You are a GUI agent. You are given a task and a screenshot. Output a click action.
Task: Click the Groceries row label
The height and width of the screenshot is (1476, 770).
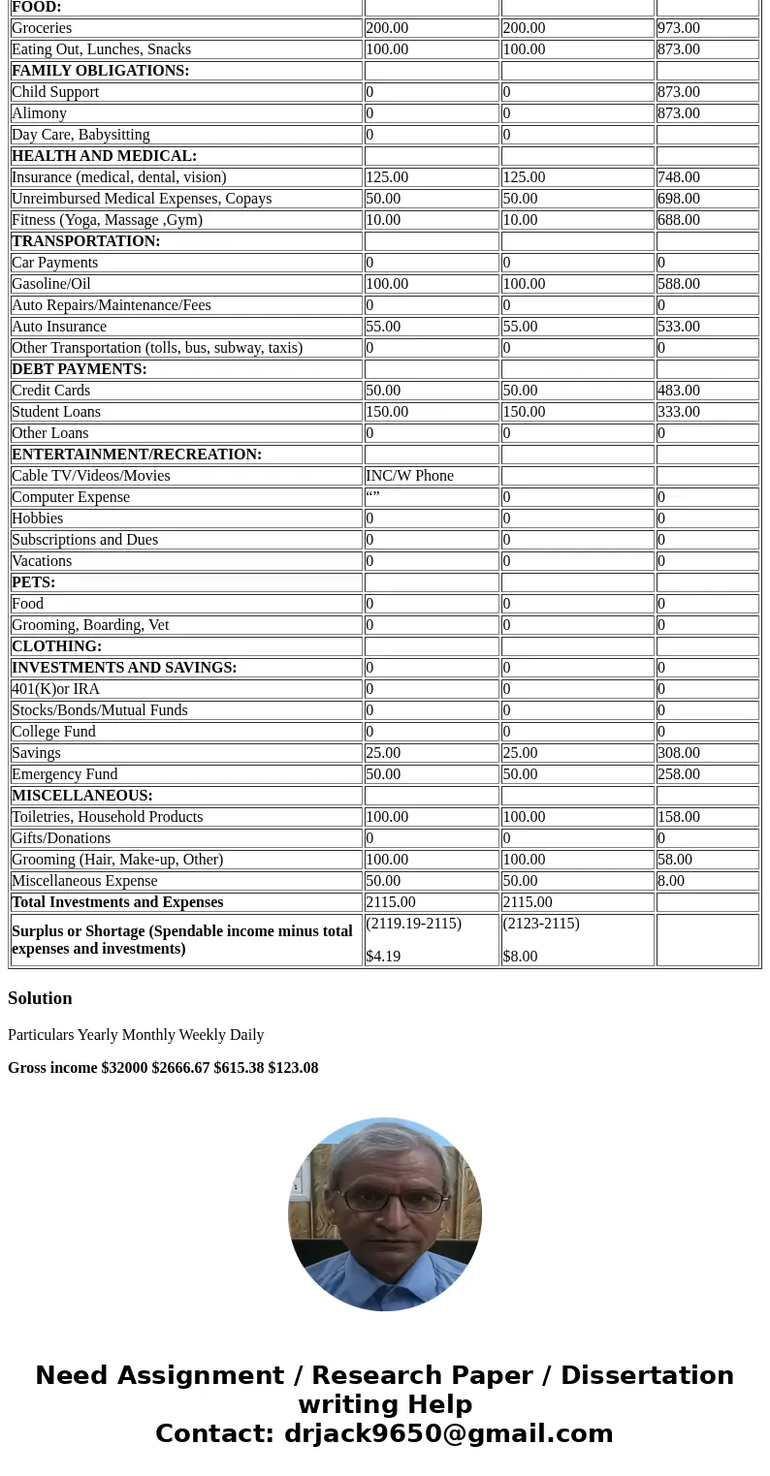42,28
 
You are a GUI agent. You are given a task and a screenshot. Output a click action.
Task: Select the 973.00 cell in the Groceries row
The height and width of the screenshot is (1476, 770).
678,28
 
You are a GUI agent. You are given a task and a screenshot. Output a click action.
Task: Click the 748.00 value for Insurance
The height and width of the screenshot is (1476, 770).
678,177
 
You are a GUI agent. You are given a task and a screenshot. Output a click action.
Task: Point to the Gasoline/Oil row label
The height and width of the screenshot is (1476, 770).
50,284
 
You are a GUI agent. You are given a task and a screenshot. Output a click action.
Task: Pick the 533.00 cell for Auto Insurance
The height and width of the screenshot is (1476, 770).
678,327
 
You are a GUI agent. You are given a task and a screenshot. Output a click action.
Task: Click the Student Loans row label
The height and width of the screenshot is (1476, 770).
56,412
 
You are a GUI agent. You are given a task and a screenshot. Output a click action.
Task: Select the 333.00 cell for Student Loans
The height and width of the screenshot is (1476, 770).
678,412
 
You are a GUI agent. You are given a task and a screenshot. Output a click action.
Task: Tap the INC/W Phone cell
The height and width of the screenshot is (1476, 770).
409,476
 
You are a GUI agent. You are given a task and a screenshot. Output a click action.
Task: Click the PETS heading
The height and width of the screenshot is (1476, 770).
33,582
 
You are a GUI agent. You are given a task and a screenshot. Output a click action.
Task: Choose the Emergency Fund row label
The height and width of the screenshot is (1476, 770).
64,774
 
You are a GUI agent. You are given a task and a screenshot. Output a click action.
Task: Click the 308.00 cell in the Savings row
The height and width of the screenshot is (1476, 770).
678,753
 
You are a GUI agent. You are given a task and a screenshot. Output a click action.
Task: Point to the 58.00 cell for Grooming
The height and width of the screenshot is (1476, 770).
674,860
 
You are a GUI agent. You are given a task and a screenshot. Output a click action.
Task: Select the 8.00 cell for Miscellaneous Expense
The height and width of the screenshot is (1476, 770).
670,881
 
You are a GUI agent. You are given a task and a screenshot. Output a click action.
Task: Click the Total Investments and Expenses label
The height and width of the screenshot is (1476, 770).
117,902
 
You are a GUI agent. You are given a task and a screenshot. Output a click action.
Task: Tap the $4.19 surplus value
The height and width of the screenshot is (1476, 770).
383,956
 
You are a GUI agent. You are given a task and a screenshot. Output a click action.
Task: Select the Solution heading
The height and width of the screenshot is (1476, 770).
40,998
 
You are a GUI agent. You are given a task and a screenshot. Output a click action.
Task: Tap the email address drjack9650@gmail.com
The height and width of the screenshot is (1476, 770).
448,1433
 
